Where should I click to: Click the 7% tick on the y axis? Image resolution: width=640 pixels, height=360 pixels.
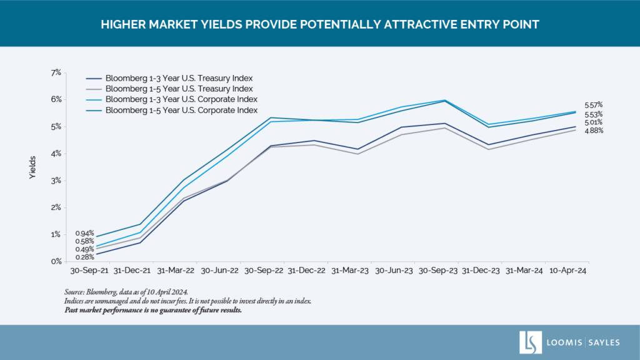(x=56, y=72)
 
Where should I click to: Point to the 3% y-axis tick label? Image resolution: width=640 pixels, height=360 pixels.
(x=56, y=181)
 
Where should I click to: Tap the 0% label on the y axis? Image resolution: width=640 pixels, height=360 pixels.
(x=56, y=261)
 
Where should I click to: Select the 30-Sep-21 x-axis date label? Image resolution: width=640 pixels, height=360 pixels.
(x=89, y=271)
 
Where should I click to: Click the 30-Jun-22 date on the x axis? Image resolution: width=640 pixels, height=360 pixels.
(x=219, y=271)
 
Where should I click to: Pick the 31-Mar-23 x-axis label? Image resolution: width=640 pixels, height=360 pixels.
(x=350, y=271)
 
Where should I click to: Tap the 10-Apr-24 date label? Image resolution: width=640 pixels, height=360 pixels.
(x=567, y=271)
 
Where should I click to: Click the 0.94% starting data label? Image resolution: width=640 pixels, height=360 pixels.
(x=84, y=234)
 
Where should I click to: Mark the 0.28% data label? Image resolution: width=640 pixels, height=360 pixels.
(x=84, y=257)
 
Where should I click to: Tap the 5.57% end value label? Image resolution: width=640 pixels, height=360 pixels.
(x=594, y=105)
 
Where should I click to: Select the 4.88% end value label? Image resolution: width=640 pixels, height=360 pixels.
(x=594, y=131)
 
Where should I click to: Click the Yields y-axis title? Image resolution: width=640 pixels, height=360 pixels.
(x=32, y=167)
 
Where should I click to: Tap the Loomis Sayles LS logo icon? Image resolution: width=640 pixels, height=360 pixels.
(x=530, y=342)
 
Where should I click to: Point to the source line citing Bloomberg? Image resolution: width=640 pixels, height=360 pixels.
(x=126, y=292)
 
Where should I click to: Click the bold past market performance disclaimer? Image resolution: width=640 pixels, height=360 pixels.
(x=153, y=310)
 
